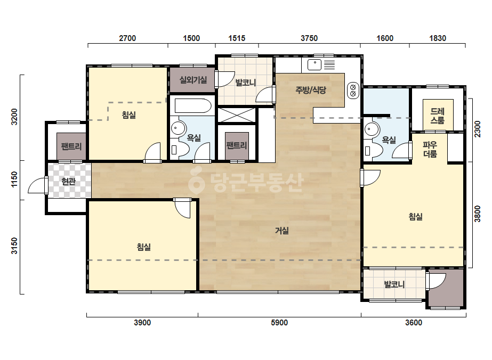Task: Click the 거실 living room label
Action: coord(282,231)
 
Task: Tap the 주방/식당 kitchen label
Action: coord(311,90)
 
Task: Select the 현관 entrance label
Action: coord(68,181)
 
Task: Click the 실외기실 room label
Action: coord(193,80)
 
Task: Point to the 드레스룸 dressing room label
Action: coord(438,116)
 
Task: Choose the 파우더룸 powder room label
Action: coord(430,149)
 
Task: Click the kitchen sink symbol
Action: coord(314,65)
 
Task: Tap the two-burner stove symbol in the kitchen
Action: coord(353,91)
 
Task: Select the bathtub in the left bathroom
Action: coord(192,105)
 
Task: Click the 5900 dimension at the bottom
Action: coord(279,323)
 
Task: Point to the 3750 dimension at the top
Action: coord(309,38)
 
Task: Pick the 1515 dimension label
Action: coord(237,38)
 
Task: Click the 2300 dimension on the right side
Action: coord(477,129)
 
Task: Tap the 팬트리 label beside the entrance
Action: coord(71,146)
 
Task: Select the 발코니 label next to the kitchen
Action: coord(246,83)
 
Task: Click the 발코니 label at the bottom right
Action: coord(394,284)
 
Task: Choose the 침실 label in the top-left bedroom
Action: coord(128,115)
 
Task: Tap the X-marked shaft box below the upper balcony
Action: coord(237,115)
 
